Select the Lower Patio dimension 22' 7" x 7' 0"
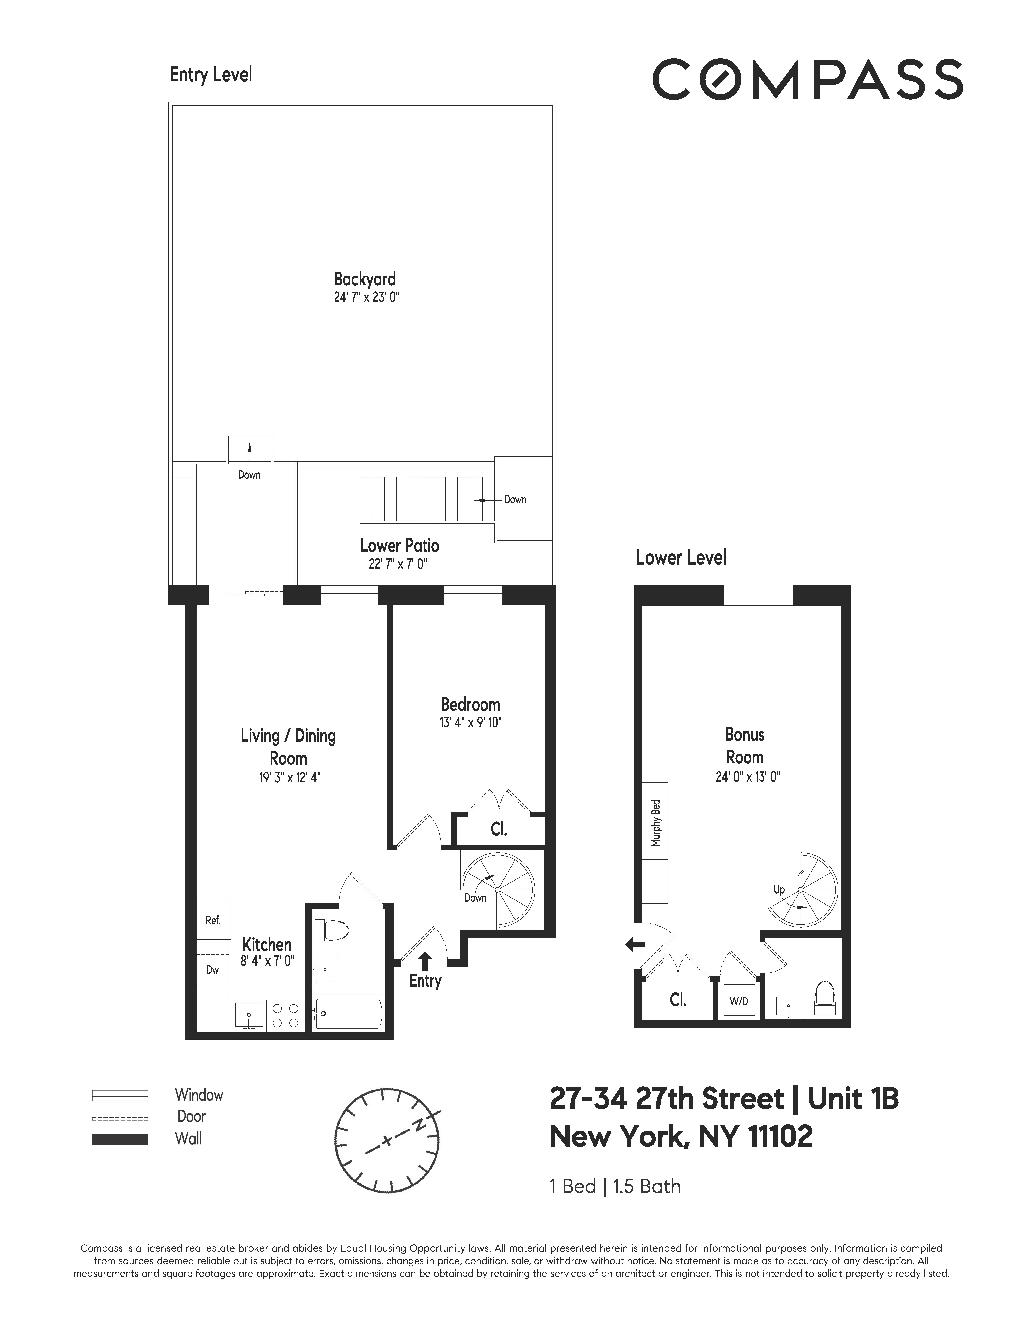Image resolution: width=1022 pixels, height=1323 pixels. click(398, 564)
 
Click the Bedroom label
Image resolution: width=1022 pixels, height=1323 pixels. click(471, 705)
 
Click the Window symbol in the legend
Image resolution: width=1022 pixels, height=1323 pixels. click(120, 1095)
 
